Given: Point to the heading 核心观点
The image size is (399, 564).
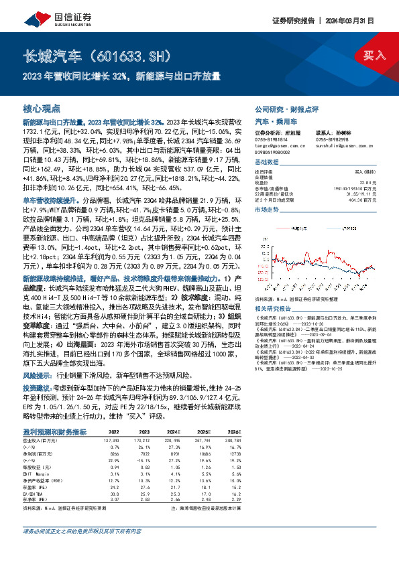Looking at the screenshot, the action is (x=42, y=108).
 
